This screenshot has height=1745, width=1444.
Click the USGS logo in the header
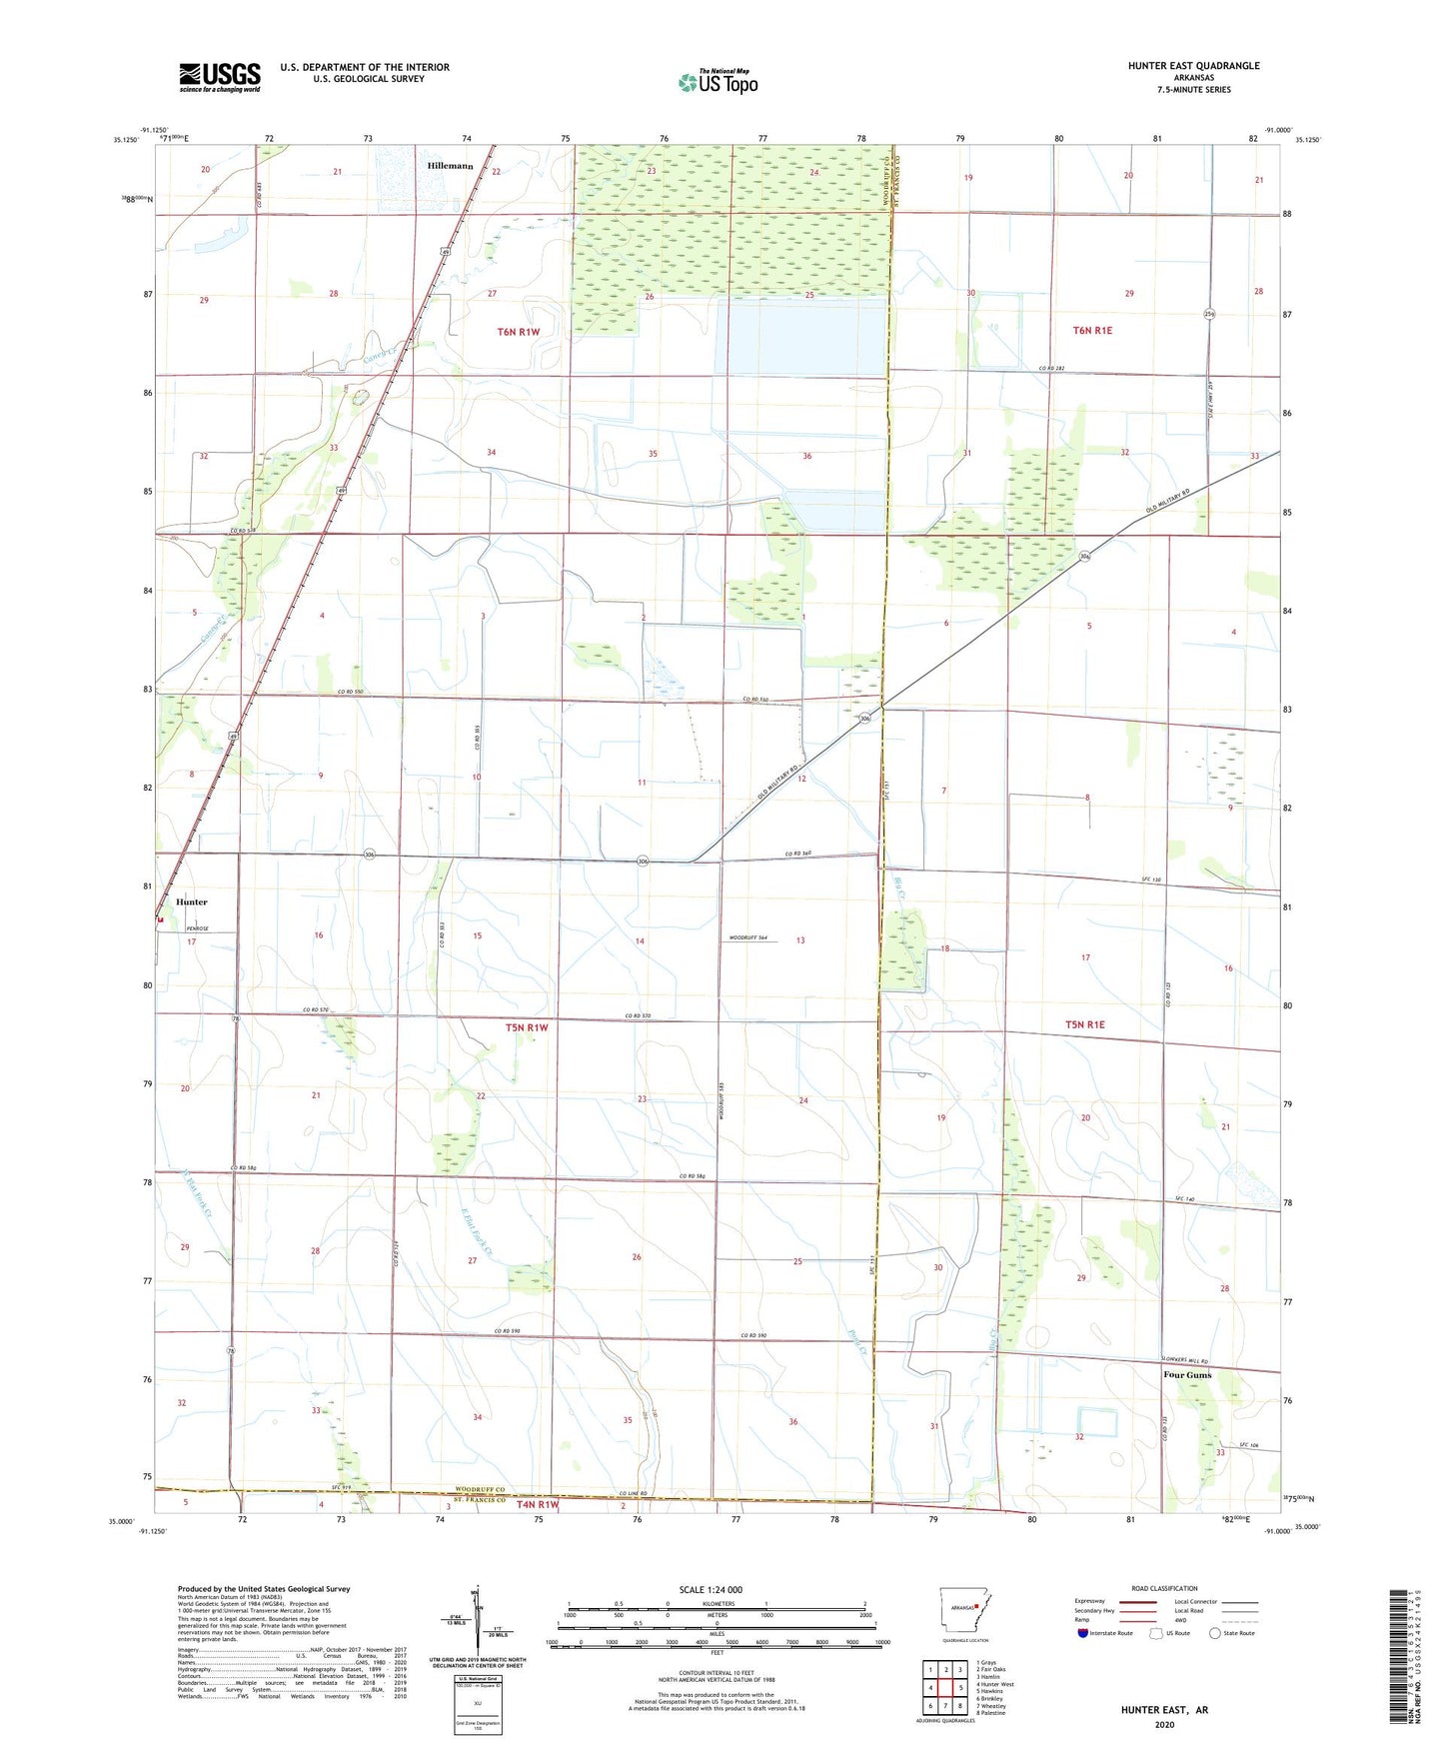click(x=220, y=77)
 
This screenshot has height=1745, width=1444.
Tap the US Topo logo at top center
click(x=718, y=82)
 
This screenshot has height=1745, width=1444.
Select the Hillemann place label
click(x=450, y=166)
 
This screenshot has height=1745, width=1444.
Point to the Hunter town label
click(x=192, y=901)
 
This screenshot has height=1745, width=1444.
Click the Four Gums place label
click(x=1187, y=1375)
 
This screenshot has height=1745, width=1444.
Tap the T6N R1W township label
click(x=519, y=331)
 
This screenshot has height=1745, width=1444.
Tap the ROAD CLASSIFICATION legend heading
click(x=1164, y=1588)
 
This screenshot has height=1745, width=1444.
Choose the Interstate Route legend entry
click(x=1105, y=1633)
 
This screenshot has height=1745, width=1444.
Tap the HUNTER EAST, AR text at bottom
click(x=1164, y=1710)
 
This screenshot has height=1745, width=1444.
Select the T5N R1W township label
click(x=527, y=1027)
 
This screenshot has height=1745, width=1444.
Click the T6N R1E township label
click(x=1092, y=330)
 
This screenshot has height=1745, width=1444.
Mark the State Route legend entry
click(x=1232, y=1633)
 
